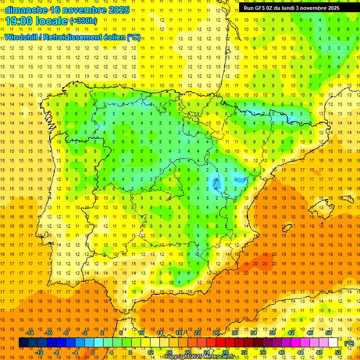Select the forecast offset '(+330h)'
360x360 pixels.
(x=83, y=21)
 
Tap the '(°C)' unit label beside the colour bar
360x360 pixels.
(x=349, y=343)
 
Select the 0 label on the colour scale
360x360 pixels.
(x=93, y=352)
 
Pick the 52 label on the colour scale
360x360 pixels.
(x=337, y=352)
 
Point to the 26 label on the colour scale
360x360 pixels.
(x=216, y=333)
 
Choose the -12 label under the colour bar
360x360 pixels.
(x=39, y=352)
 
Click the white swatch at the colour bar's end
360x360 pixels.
(x=333, y=343)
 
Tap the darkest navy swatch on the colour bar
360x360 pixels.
(x=23, y=343)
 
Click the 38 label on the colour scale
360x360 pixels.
(x=272, y=333)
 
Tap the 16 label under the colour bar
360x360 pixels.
(x=169, y=352)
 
